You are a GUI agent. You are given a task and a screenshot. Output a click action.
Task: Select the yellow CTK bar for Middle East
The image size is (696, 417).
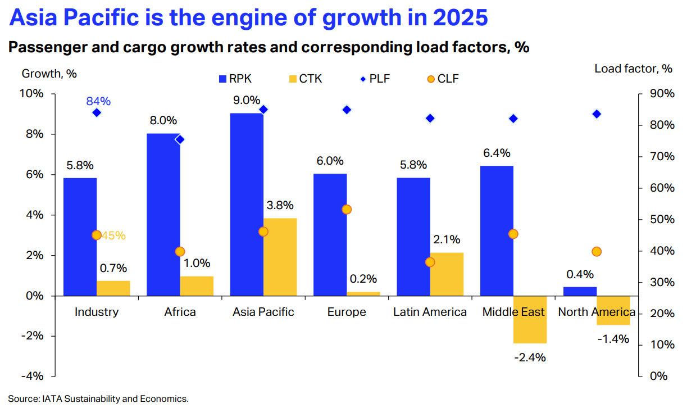point(530,319)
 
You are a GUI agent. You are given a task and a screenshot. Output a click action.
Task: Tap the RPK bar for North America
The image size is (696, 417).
point(580,291)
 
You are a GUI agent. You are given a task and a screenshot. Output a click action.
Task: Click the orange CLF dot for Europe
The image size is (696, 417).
point(347,209)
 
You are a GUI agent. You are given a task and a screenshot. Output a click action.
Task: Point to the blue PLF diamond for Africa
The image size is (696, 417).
point(180,139)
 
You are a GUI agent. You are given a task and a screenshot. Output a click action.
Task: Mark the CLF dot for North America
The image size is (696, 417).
point(597,251)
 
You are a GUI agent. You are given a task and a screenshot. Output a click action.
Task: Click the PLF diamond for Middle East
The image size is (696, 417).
point(513,119)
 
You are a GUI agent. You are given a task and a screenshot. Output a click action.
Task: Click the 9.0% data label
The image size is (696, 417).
point(247,101)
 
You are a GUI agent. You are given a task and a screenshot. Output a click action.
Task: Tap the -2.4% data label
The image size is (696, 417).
point(530,357)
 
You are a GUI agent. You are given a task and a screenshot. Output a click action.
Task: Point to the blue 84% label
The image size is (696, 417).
point(98,102)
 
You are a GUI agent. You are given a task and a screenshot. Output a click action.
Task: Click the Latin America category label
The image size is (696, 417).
point(430,312)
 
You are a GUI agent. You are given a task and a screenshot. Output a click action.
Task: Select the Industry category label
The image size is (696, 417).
point(97,312)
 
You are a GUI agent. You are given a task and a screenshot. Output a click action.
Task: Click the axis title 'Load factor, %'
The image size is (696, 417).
point(633,69)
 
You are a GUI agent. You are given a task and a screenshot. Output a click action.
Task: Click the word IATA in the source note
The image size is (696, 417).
point(53,399)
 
